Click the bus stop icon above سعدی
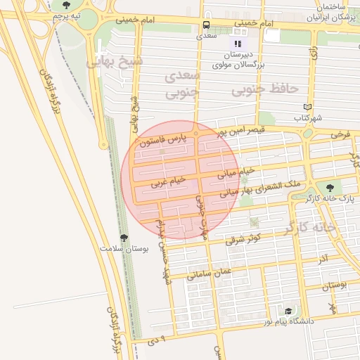tap(206, 23)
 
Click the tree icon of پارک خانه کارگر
tap(330, 187)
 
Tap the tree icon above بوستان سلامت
tap(124, 238)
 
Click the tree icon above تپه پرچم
tap(67, 5)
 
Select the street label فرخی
tap(340, 134)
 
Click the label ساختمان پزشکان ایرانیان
tap(330, 11)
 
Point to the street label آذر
tap(323, 259)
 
